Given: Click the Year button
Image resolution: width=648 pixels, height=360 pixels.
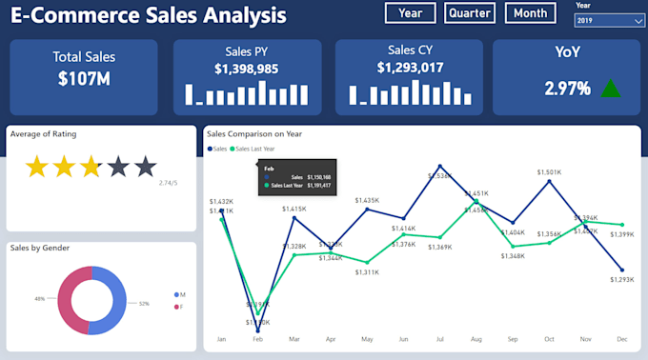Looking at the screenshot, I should pos(411,13).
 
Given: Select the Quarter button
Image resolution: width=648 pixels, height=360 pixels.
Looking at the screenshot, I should pos(469,13).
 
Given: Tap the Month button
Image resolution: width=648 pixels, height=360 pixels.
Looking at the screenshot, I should pos(531,13).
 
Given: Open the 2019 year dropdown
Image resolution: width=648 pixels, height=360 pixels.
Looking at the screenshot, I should pos(610,20).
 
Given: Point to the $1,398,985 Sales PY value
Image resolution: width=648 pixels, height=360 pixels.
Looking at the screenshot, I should pos(246,69).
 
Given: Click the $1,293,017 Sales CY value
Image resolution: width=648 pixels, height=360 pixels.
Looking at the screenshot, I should pos(410,68).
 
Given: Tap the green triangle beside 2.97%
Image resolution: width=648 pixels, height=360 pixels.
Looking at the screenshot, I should pos(610,89).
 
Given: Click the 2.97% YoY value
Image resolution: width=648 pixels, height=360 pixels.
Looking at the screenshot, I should pos(567,89).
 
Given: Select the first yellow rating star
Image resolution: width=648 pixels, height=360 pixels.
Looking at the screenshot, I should pos(36,168).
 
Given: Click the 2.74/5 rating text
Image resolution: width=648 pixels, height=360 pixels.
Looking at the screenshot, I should pos(168,183).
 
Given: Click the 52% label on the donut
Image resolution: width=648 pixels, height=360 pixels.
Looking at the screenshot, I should pos(144,304).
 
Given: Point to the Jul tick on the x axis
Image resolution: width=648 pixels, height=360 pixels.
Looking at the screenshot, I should pos(438,339).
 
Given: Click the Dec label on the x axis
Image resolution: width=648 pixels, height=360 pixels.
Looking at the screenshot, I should pos(621,339).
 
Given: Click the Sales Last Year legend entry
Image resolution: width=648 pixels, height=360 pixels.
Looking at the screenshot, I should pos(253,150).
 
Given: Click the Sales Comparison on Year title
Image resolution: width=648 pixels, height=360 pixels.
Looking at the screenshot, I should pos(254,133).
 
